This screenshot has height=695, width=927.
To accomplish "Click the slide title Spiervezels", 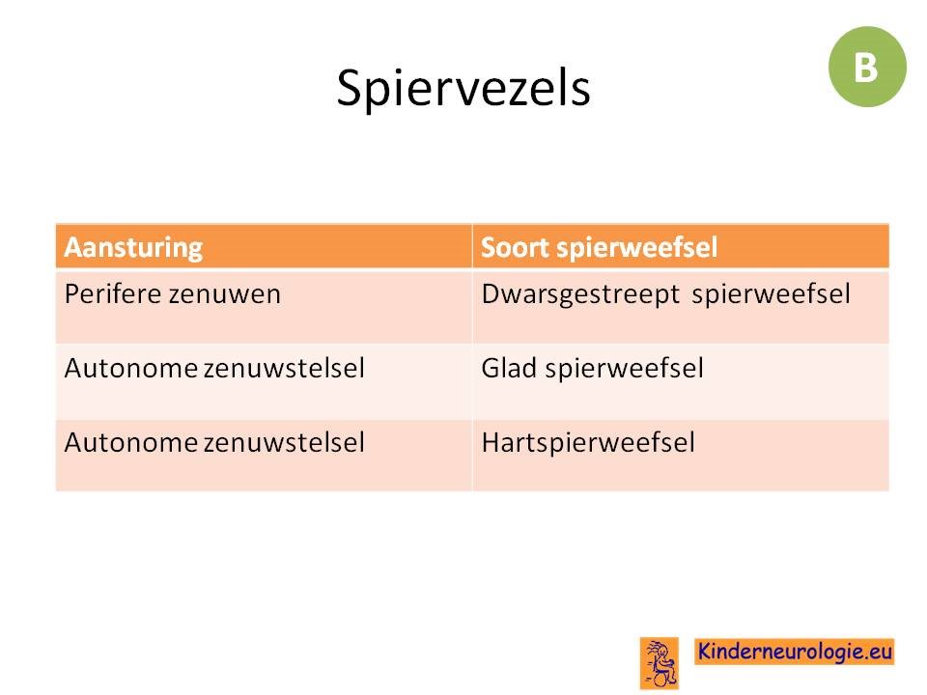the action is click(x=463, y=89).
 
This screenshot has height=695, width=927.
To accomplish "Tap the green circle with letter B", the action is click(x=867, y=67).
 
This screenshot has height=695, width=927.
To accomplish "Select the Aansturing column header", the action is click(x=133, y=248).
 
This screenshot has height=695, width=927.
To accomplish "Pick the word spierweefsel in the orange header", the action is click(x=636, y=248).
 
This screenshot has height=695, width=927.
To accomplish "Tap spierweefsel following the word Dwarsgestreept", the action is click(x=771, y=294).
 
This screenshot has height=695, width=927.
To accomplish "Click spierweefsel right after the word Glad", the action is click(x=625, y=369).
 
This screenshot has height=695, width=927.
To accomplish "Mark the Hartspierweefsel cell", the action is click(x=588, y=443).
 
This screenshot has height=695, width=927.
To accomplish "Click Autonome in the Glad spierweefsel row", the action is click(x=131, y=369).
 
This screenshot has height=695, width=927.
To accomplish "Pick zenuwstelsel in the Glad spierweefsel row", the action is click(x=284, y=369).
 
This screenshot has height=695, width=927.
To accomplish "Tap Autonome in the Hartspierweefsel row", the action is click(x=131, y=443).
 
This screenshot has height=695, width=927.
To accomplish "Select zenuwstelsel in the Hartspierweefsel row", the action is click(x=284, y=443).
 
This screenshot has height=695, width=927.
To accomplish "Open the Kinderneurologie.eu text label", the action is click(x=794, y=652).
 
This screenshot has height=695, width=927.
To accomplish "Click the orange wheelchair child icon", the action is click(x=660, y=663).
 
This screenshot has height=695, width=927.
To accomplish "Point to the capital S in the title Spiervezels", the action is click(x=350, y=88).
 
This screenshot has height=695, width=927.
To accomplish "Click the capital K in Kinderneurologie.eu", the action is click(x=705, y=651).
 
